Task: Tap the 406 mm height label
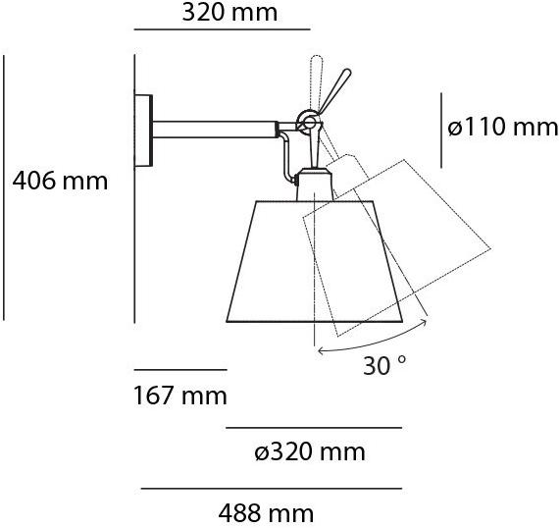59,181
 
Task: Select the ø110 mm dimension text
502,128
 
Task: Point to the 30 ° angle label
384,366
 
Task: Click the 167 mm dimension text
179,396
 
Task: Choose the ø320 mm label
309,451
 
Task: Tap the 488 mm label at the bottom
267,512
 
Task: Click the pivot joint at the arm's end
306,122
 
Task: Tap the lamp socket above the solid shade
313,185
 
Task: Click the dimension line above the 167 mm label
179,370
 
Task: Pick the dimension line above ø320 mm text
314,428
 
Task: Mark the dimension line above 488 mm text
272,488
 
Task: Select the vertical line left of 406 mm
5,186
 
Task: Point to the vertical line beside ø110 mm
440,128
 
